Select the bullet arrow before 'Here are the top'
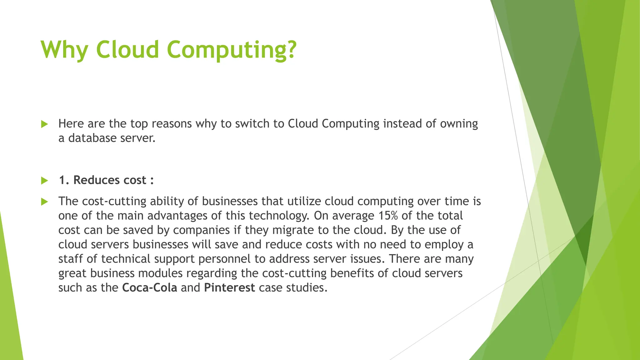pos(44,124)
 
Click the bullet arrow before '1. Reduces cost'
pos(44,180)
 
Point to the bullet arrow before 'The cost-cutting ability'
pos(44,202)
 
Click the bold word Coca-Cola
pos(149,287)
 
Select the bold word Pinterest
pos(229,287)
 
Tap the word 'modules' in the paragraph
pos(160,273)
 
